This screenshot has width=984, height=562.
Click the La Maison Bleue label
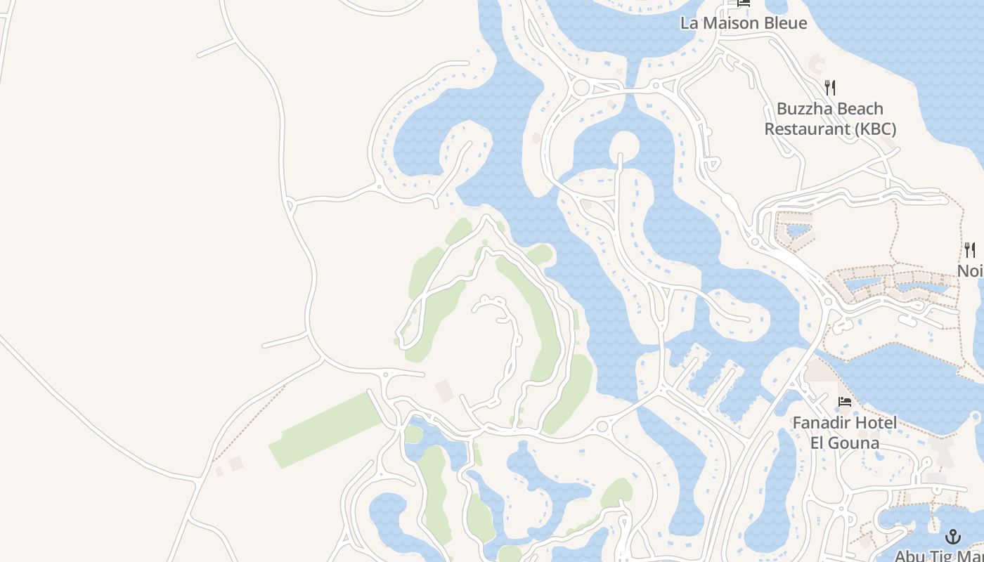743,22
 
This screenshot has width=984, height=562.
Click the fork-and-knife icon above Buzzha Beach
830,88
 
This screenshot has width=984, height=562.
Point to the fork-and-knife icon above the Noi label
970,249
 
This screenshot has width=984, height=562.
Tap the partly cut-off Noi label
971,270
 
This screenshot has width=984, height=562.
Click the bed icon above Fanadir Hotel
845,402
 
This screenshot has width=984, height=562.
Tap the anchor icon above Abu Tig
952,537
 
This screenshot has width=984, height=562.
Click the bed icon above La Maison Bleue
744,3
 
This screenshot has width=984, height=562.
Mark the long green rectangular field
325,431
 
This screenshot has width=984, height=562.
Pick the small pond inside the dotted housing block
797,230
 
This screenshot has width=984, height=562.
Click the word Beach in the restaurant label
858,109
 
